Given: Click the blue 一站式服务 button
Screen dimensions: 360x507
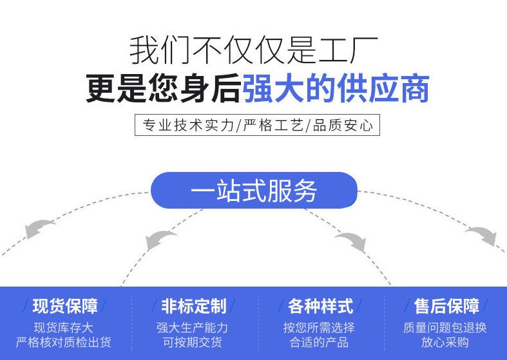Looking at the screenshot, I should click(x=254, y=191).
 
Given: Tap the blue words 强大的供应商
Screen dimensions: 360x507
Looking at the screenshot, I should click(x=336, y=89).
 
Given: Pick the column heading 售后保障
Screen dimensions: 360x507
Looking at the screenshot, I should click(x=446, y=306).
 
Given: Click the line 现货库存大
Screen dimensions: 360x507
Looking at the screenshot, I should click(x=63, y=328).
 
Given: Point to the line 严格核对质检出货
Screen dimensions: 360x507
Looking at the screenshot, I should click(x=63, y=343).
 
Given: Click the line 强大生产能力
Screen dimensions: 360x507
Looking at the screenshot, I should click(x=192, y=328).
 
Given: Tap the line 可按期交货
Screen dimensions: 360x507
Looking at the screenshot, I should click(x=192, y=343).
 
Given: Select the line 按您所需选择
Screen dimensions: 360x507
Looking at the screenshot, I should click(x=319, y=328).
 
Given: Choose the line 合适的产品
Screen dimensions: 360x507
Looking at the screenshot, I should click(x=319, y=343).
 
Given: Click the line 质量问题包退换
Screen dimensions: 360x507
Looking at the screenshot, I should click(x=445, y=328).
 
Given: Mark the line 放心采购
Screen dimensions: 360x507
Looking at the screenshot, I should click(x=445, y=343).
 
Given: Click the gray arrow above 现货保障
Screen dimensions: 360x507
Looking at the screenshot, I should click(x=41, y=228).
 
